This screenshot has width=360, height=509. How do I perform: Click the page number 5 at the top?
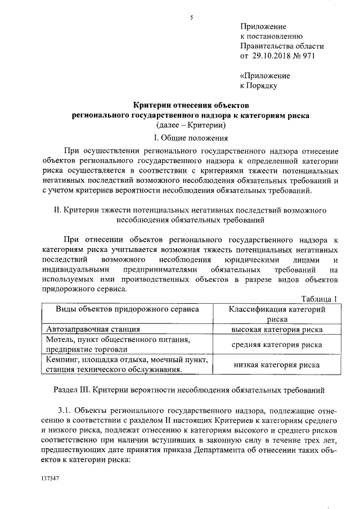(191, 18)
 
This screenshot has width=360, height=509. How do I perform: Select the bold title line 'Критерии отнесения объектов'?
(191, 105)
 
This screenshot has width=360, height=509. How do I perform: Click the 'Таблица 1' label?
(319, 299)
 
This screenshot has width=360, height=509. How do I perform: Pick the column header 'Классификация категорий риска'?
(277, 314)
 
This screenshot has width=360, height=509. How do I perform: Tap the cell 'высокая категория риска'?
(277, 330)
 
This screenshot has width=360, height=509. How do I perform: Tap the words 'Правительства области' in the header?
(282, 46)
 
